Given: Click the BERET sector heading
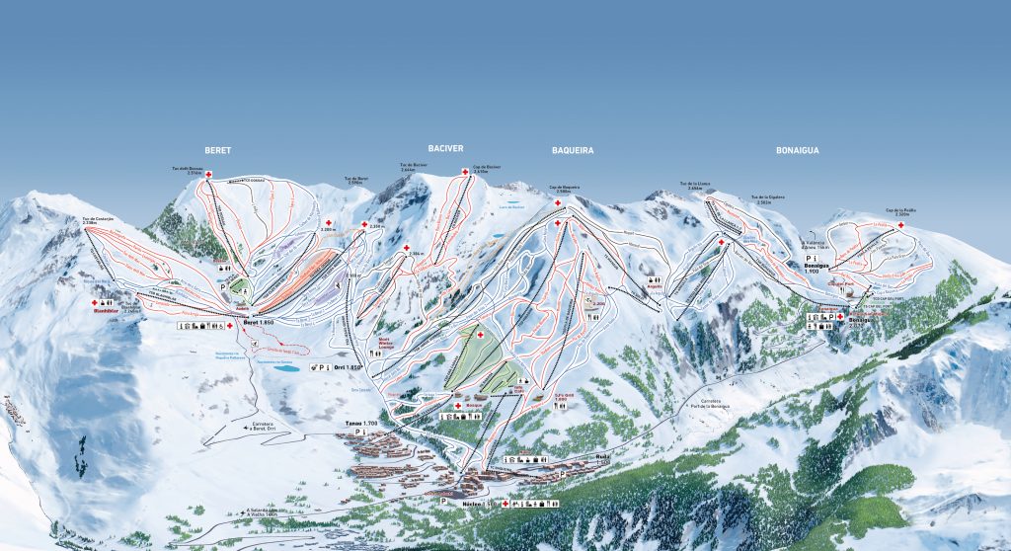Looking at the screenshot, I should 217,150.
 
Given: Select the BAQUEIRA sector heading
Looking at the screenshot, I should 573,151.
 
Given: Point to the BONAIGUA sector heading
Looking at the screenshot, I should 799,151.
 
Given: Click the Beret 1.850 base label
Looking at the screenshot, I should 256,325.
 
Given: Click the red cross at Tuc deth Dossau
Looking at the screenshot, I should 208,174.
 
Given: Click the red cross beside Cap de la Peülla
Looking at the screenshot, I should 900,225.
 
